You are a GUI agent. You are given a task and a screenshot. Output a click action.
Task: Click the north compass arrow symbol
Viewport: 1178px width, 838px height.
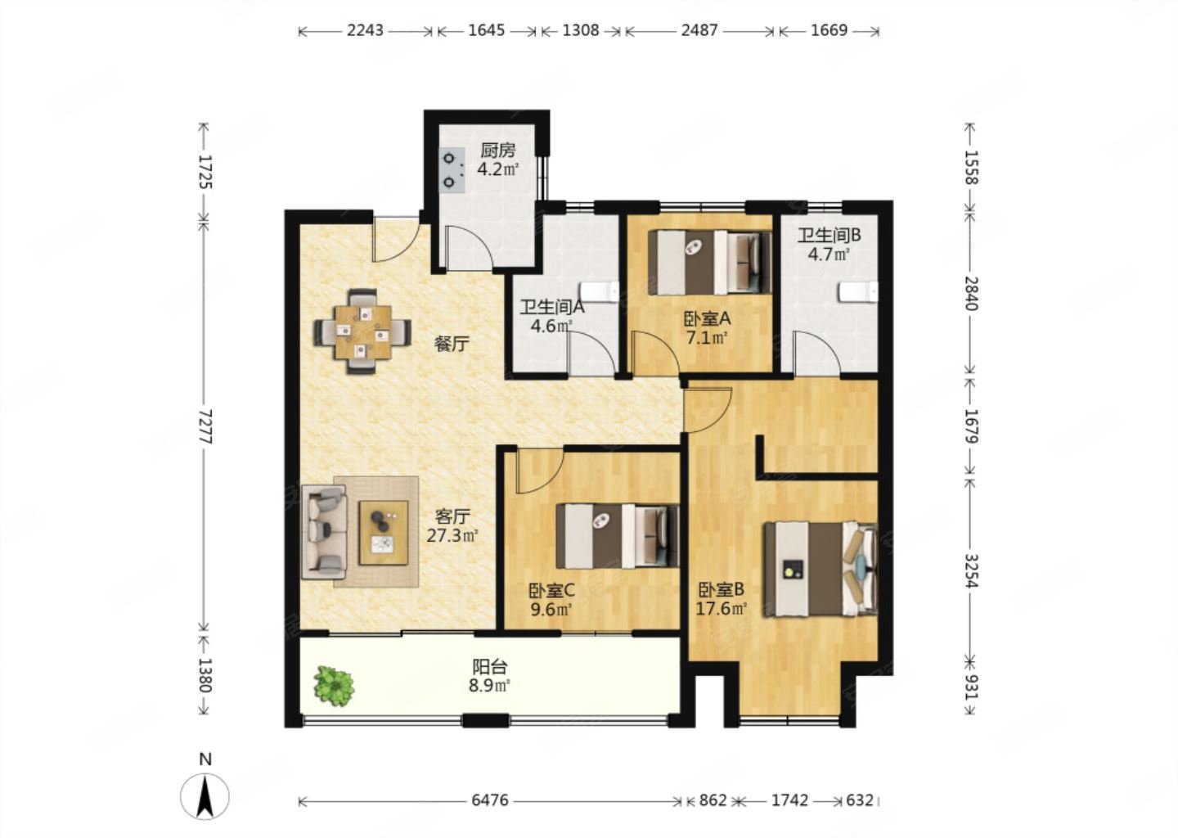(205, 796)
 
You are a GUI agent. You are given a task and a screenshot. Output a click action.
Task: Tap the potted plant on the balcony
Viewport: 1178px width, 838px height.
(334, 686)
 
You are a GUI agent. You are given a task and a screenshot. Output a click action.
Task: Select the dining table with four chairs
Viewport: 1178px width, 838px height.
(363, 331)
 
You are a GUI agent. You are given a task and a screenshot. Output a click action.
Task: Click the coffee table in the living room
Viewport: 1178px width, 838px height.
(384, 533)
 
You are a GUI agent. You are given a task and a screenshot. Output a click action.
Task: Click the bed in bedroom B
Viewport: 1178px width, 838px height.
(821, 569)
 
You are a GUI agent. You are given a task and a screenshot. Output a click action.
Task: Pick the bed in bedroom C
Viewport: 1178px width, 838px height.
(618, 536)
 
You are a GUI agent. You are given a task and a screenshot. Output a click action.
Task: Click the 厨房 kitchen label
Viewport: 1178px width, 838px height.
(497, 151)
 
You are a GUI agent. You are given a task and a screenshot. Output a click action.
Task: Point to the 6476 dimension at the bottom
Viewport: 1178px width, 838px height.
(489, 800)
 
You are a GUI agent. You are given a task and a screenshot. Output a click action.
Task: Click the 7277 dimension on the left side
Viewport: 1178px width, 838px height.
(205, 426)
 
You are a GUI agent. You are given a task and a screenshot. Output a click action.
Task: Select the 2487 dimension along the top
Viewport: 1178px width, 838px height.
(699, 30)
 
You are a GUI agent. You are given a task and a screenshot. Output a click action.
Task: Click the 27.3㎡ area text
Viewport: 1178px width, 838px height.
(452, 536)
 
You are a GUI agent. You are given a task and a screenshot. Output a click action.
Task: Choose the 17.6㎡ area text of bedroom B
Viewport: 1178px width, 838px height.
(722, 609)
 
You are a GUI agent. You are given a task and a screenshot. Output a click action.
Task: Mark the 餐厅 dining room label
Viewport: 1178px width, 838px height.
(452, 344)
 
